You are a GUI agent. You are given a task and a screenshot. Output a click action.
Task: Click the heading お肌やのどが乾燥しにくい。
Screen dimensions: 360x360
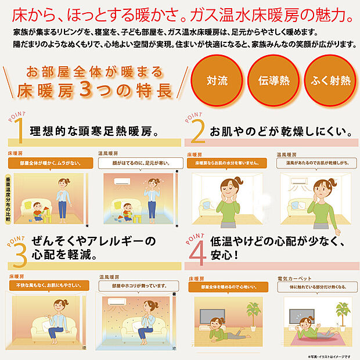click(276, 131)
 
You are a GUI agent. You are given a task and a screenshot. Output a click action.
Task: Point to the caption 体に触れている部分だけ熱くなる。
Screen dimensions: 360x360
click(313, 287)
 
